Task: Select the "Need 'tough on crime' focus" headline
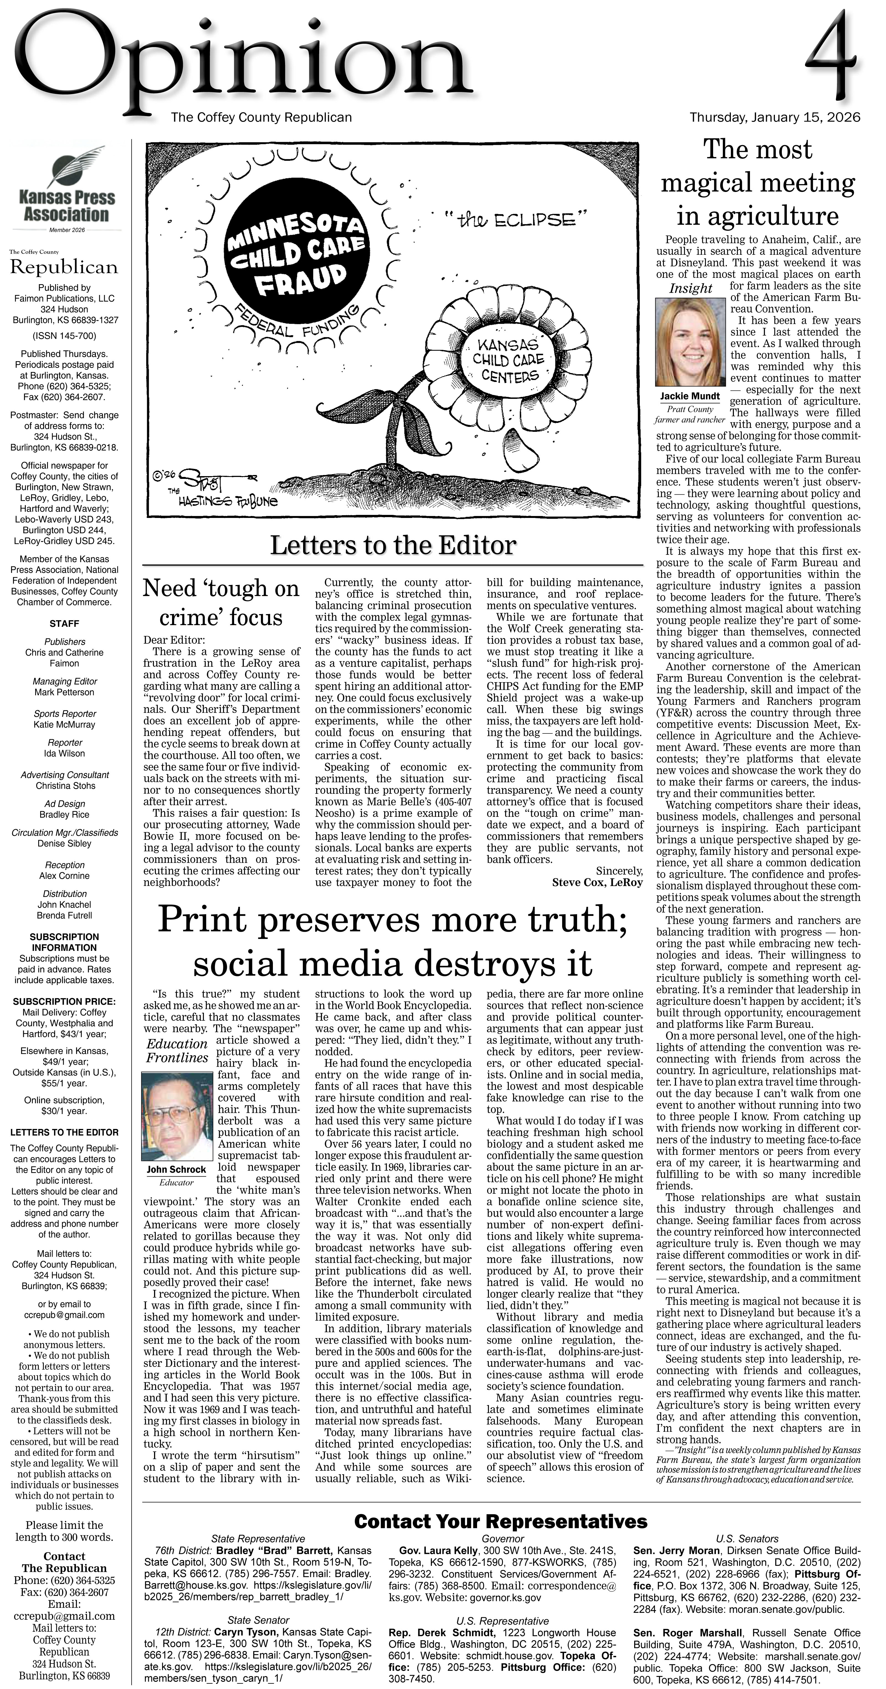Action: [221, 602]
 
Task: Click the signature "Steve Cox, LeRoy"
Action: [597, 882]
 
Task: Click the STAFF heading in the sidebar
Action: [64, 623]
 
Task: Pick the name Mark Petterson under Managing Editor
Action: [64, 692]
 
